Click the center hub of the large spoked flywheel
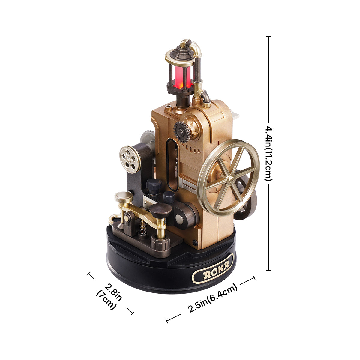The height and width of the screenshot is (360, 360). [x=231, y=179]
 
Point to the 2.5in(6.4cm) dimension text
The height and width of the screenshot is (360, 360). [x=213, y=298]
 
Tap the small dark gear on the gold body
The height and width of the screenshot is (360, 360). [x=182, y=131]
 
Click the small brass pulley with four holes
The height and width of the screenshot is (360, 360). [x=130, y=157]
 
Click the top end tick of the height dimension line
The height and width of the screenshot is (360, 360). [x=268, y=37]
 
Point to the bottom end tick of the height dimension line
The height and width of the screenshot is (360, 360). [x=268, y=270]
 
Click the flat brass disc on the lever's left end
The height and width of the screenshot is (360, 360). [x=124, y=196]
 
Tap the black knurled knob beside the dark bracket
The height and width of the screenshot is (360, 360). [x=154, y=186]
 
